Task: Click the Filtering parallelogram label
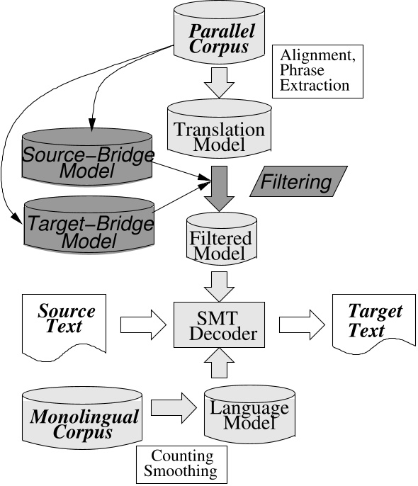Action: pyautogui.click(x=298, y=182)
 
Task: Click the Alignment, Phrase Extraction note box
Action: pyautogui.click(x=317, y=70)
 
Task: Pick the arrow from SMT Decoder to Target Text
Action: pyautogui.click(x=301, y=324)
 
